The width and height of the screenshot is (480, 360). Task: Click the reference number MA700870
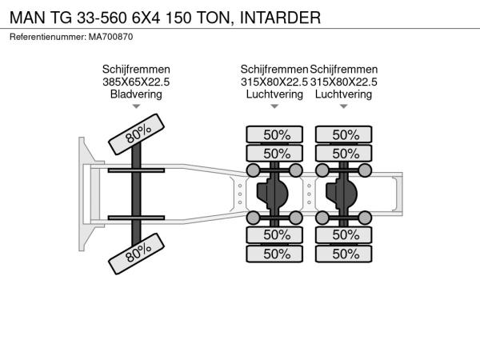111,37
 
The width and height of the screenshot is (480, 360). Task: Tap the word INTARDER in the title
281,18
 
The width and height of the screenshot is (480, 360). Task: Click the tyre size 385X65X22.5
136,82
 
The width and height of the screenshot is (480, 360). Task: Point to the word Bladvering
136,94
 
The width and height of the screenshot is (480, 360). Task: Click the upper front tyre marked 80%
137,134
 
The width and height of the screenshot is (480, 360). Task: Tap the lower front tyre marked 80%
137,254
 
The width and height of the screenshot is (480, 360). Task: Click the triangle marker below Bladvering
136,106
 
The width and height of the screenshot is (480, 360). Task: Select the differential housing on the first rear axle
273,194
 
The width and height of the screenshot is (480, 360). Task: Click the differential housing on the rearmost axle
342,194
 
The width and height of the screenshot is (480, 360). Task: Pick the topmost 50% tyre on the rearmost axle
344,134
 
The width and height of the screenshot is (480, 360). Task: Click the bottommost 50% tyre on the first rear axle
274,254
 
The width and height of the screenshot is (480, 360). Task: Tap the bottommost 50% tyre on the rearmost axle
344,254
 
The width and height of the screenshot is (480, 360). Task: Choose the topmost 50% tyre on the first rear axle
274,134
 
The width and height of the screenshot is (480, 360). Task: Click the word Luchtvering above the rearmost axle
343,94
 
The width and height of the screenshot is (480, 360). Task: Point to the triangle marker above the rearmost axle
344,106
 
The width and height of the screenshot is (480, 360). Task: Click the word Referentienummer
48,37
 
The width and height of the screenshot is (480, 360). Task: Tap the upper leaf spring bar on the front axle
136,170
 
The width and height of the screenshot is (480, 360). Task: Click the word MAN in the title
27,18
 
